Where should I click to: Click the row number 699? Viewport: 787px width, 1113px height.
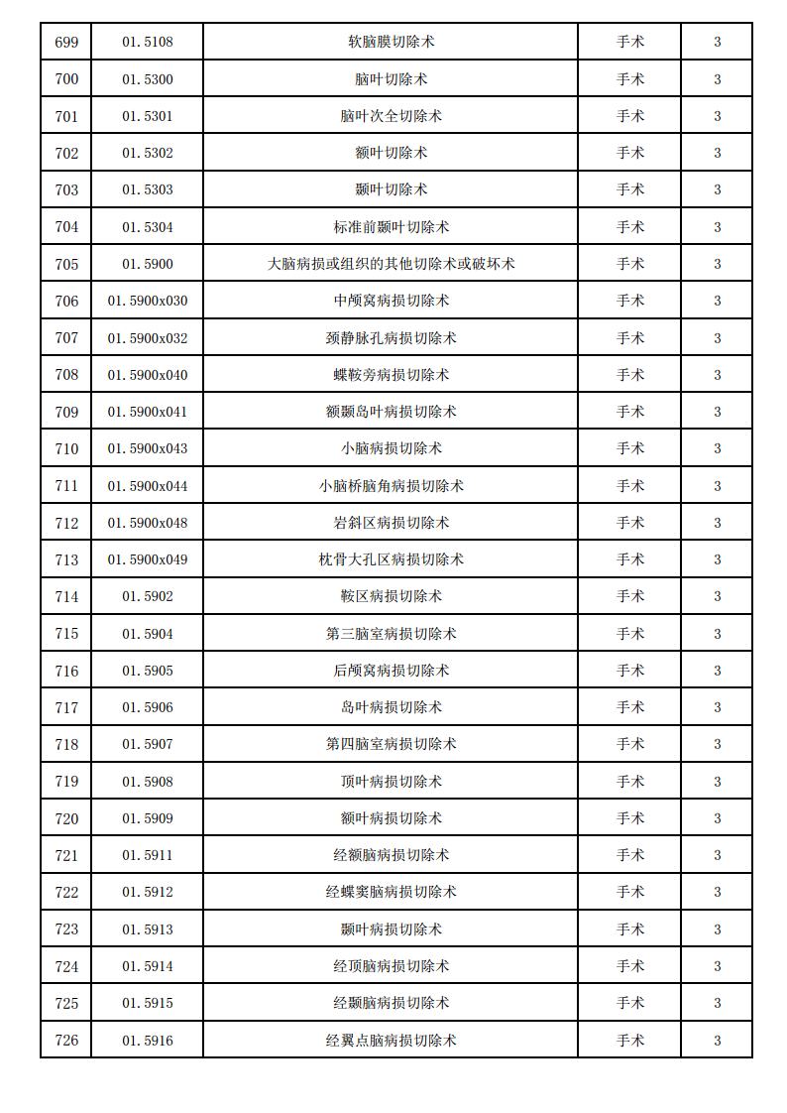[x=66, y=42]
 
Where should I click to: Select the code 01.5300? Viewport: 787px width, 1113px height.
[x=147, y=79]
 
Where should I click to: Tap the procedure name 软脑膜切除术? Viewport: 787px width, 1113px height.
[x=391, y=42]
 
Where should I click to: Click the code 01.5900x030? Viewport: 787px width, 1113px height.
[x=147, y=301]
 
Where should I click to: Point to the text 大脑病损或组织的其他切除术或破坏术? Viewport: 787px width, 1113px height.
[x=391, y=264]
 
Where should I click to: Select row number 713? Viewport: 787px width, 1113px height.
[x=66, y=559]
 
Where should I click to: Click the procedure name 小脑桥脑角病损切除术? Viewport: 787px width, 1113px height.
[x=391, y=486]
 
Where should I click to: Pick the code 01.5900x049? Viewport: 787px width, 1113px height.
[x=147, y=559]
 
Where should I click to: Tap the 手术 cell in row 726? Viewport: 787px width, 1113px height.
[x=629, y=1040]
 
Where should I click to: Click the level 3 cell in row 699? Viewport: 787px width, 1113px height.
[x=717, y=42]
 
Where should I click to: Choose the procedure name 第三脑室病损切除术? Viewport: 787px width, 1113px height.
[x=391, y=634]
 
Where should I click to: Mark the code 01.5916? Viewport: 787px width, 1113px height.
[x=147, y=1040]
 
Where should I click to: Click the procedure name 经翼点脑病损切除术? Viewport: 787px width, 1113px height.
[x=391, y=1040]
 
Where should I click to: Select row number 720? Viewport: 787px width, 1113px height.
[x=66, y=818]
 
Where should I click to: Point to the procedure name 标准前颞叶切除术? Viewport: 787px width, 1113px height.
[x=391, y=227]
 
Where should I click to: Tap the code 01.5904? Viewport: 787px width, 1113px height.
[x=147, y=634]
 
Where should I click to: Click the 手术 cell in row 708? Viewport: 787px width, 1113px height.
[x=629, y=375]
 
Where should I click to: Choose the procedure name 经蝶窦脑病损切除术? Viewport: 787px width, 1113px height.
[x=391, y=892]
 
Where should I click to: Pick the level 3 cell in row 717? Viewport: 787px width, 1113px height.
[x=717, y=707]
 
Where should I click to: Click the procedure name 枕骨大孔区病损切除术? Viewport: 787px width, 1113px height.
[x=391, y=559]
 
